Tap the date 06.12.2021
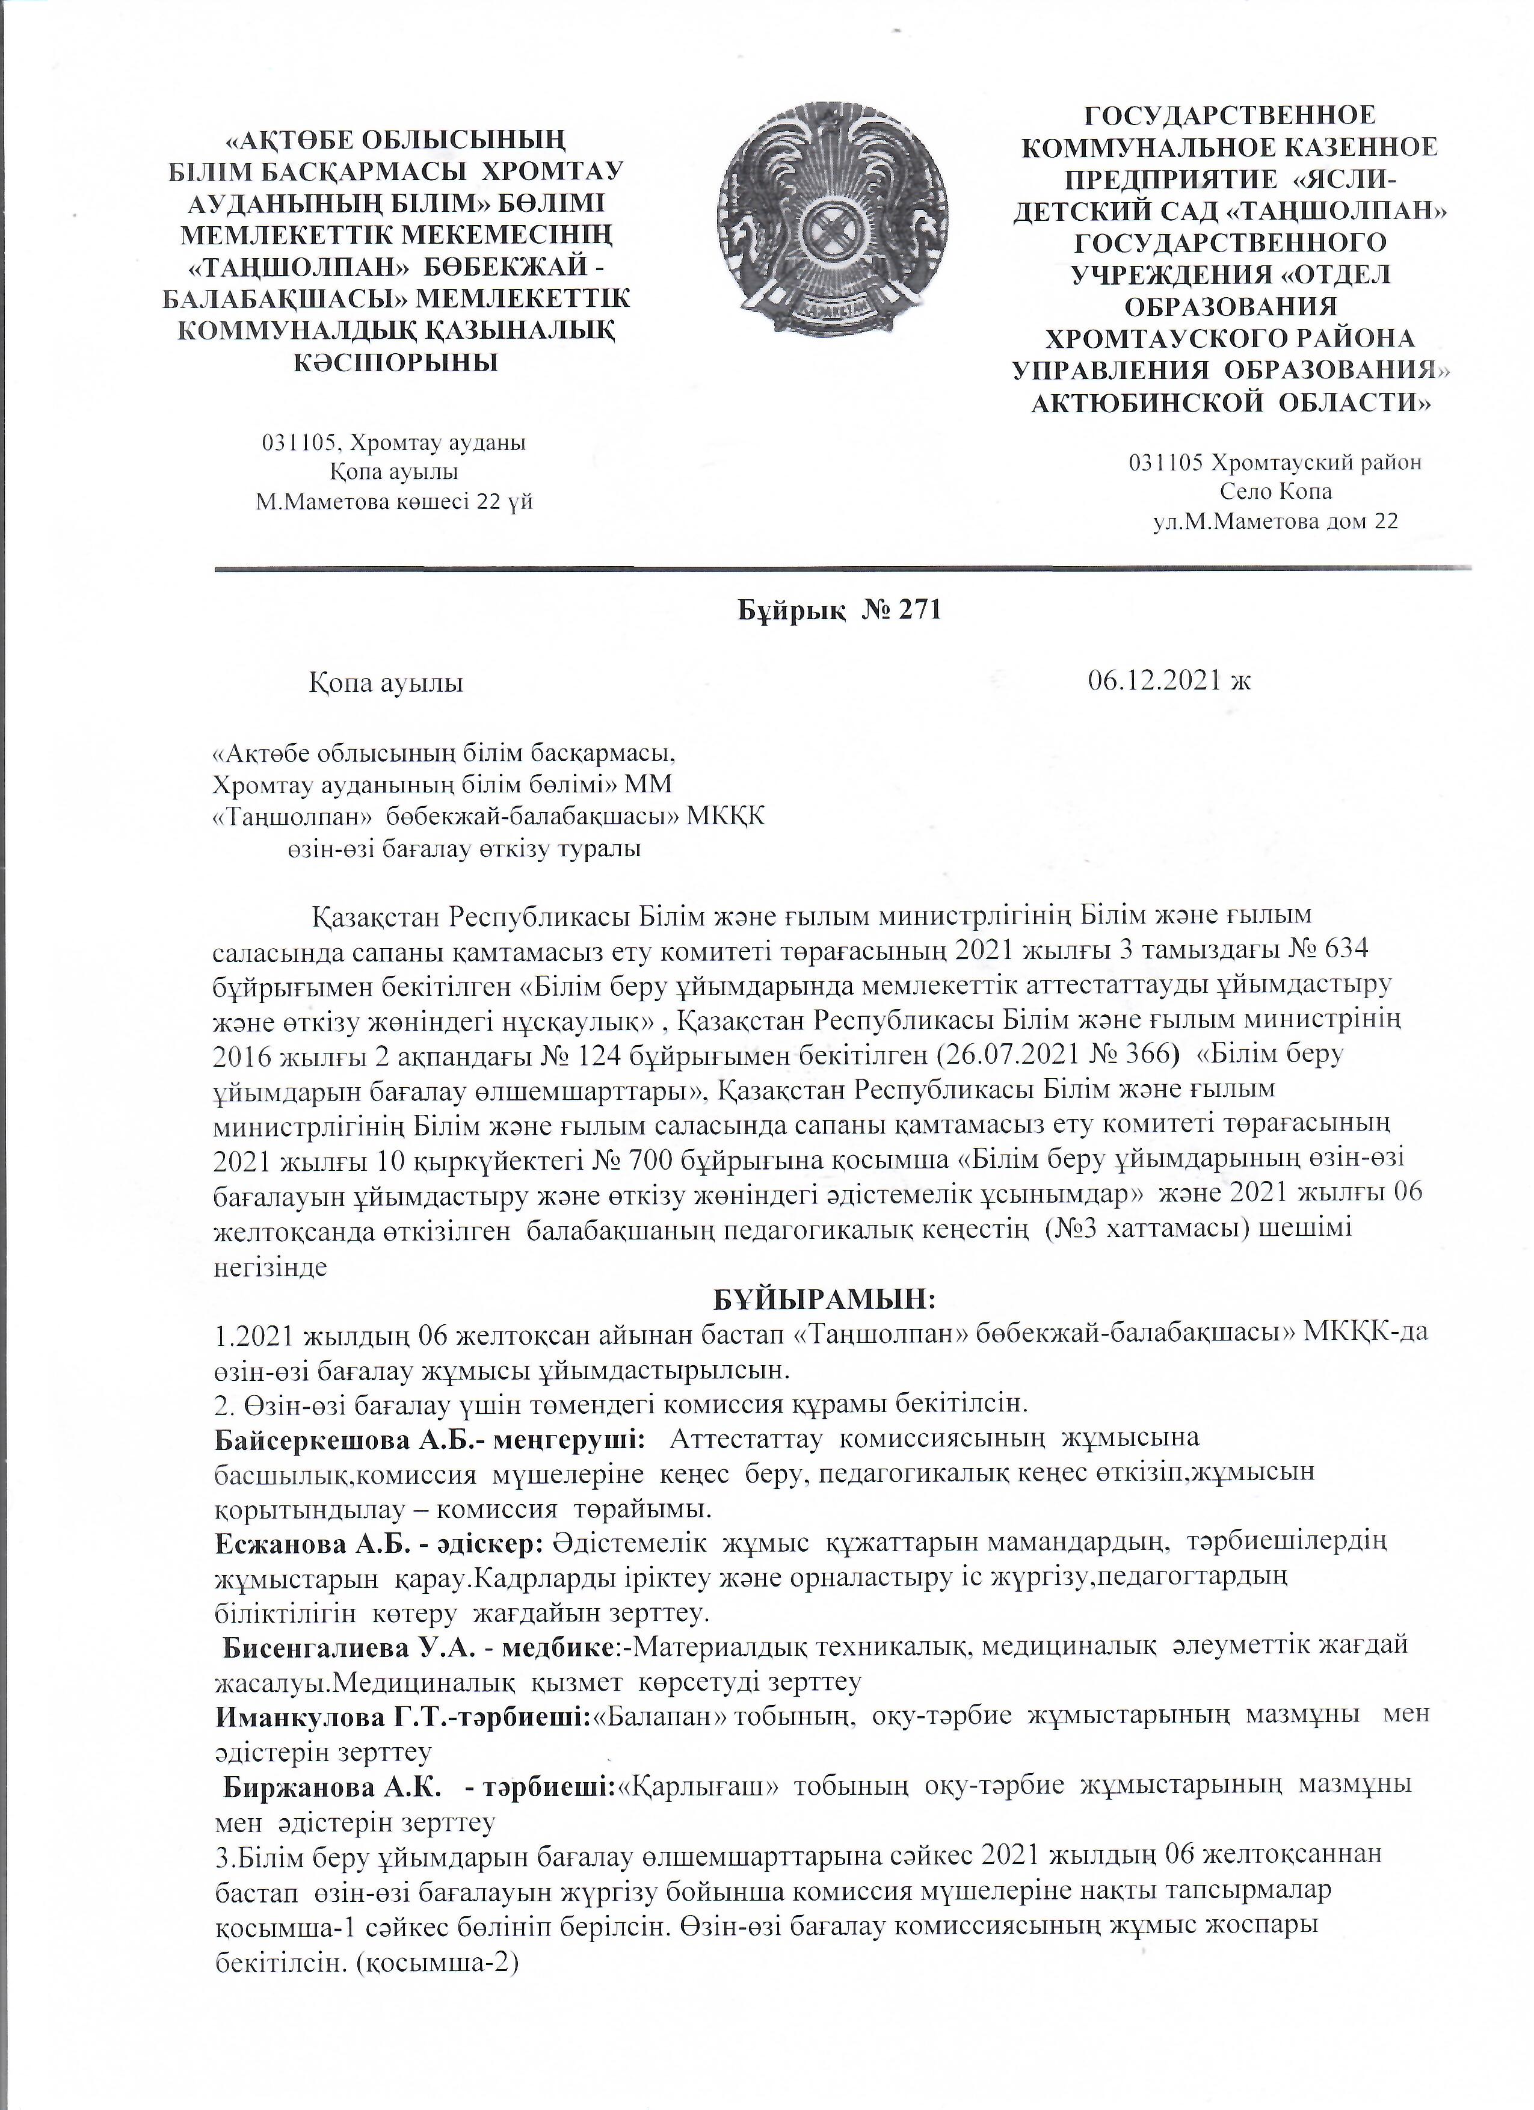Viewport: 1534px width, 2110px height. [x=1154, y=681]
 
